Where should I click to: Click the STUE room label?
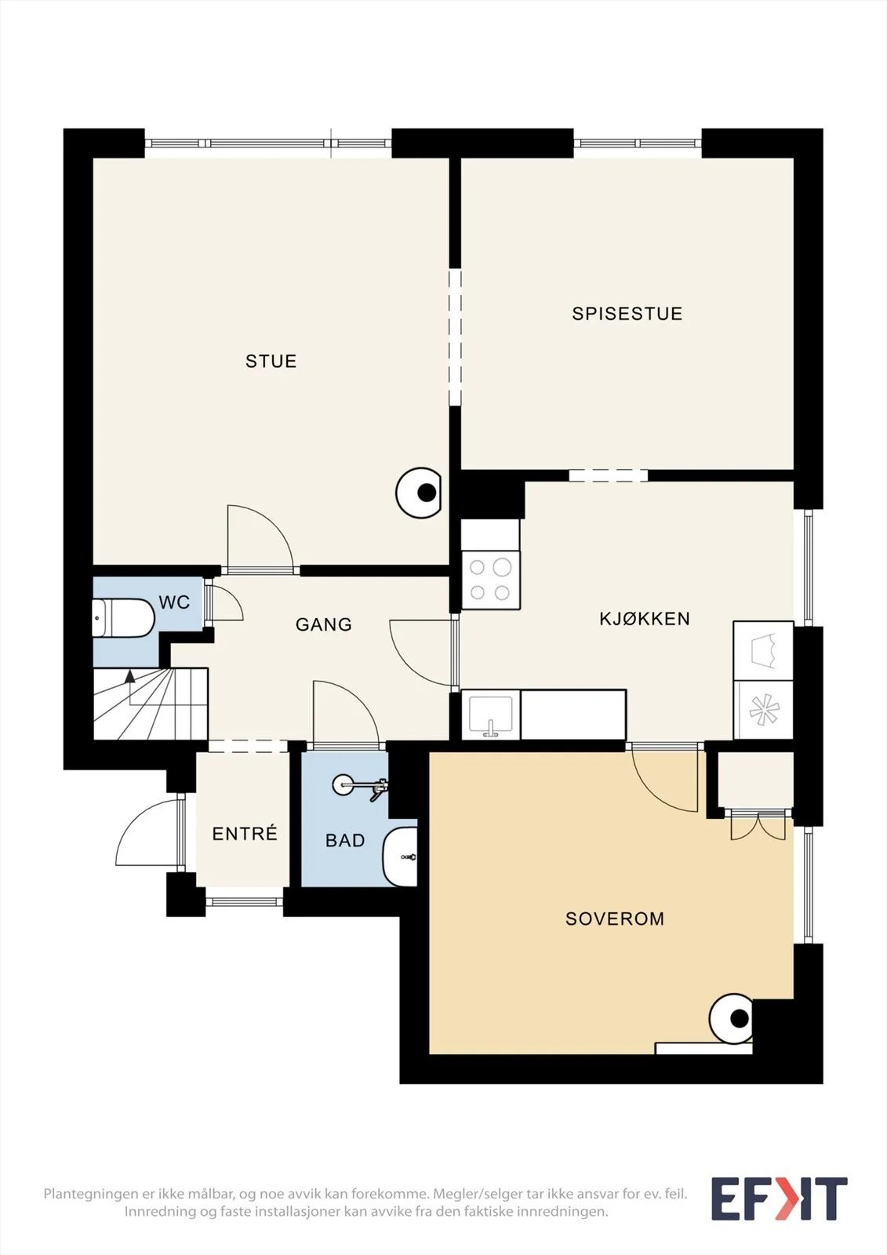(271, 361)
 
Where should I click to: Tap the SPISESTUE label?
(627, 314)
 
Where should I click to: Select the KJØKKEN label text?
(645, 619)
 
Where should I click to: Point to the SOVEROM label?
(615, 919)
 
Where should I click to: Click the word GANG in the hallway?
(324, 624)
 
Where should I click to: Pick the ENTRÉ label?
(245, 833)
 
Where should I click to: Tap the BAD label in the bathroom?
(345, 840)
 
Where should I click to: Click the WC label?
(174, 602)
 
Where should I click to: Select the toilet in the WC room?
(123, 618)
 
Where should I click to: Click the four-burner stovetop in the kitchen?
(491, 580)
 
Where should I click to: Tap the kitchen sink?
(491, 715)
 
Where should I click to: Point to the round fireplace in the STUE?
(419, 493)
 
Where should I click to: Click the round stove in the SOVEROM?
(731, 1019)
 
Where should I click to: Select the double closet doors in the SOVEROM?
(758, 827)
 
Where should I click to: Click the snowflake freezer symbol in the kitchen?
(764, 710)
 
